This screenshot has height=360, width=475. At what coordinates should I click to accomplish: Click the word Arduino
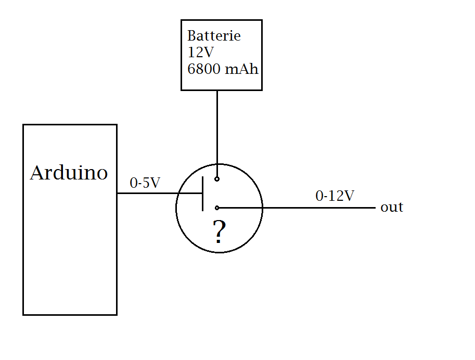coord(69,173)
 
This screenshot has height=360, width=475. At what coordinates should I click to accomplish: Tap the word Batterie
coord(214,36)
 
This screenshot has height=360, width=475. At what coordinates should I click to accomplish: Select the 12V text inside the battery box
coord(200,53)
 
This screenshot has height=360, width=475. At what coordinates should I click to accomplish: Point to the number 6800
coord(203,69)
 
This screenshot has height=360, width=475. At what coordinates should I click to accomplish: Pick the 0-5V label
coord(145,183)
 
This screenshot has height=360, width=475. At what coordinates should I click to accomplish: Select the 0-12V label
coord(335,196)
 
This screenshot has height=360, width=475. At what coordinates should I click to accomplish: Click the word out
coord(392,208)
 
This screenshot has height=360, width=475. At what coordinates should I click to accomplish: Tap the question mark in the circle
coord(220,233)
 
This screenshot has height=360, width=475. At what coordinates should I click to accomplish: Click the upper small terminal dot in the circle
coord(217,179)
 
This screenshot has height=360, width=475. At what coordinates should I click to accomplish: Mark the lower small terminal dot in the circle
coord(217,208)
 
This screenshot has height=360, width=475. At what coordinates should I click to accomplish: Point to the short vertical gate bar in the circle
coord(202,194)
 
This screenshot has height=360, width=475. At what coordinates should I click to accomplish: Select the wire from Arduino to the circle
coord(151,194)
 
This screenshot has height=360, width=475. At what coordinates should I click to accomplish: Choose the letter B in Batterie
coord(191,36)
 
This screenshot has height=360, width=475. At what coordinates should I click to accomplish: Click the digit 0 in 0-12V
coord(319,196)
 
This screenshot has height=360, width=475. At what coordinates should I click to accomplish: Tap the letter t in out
coord(400,208)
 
